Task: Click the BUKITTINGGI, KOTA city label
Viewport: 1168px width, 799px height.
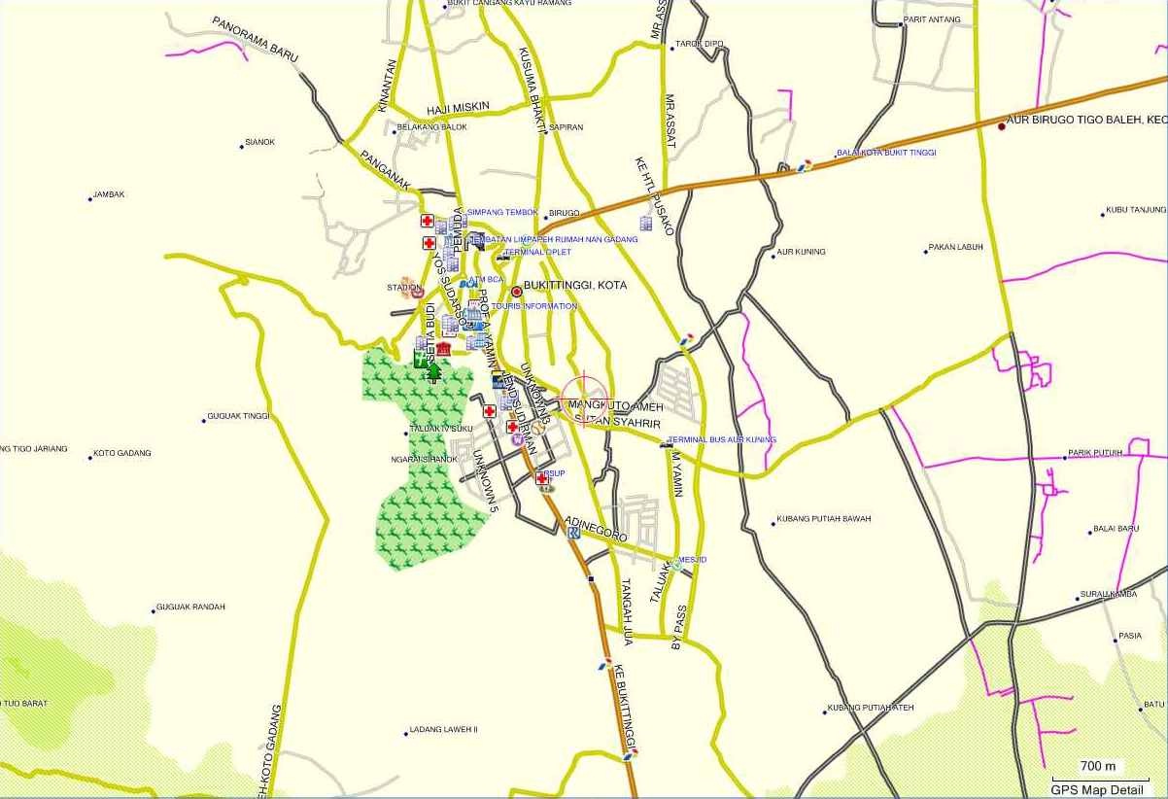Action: [574, 286]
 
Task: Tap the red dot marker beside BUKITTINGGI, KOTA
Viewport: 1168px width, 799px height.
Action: [517, 291]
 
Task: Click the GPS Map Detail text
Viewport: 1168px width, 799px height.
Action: [1096, 790]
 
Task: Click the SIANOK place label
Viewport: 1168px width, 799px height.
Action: [259, 142]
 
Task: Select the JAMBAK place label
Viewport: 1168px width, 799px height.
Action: [109, 194]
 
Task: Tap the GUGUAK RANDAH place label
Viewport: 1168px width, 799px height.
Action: [190, 608]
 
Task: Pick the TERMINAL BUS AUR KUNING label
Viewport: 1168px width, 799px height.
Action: [722, 440]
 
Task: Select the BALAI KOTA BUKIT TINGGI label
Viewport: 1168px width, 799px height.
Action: [886, 153]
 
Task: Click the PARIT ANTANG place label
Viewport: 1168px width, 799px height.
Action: [931, 19]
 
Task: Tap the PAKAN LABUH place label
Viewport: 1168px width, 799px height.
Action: [956, 247]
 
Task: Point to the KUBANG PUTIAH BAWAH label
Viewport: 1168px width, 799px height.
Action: [823, 519]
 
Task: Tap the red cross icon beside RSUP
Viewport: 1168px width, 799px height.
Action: [542, 478]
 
